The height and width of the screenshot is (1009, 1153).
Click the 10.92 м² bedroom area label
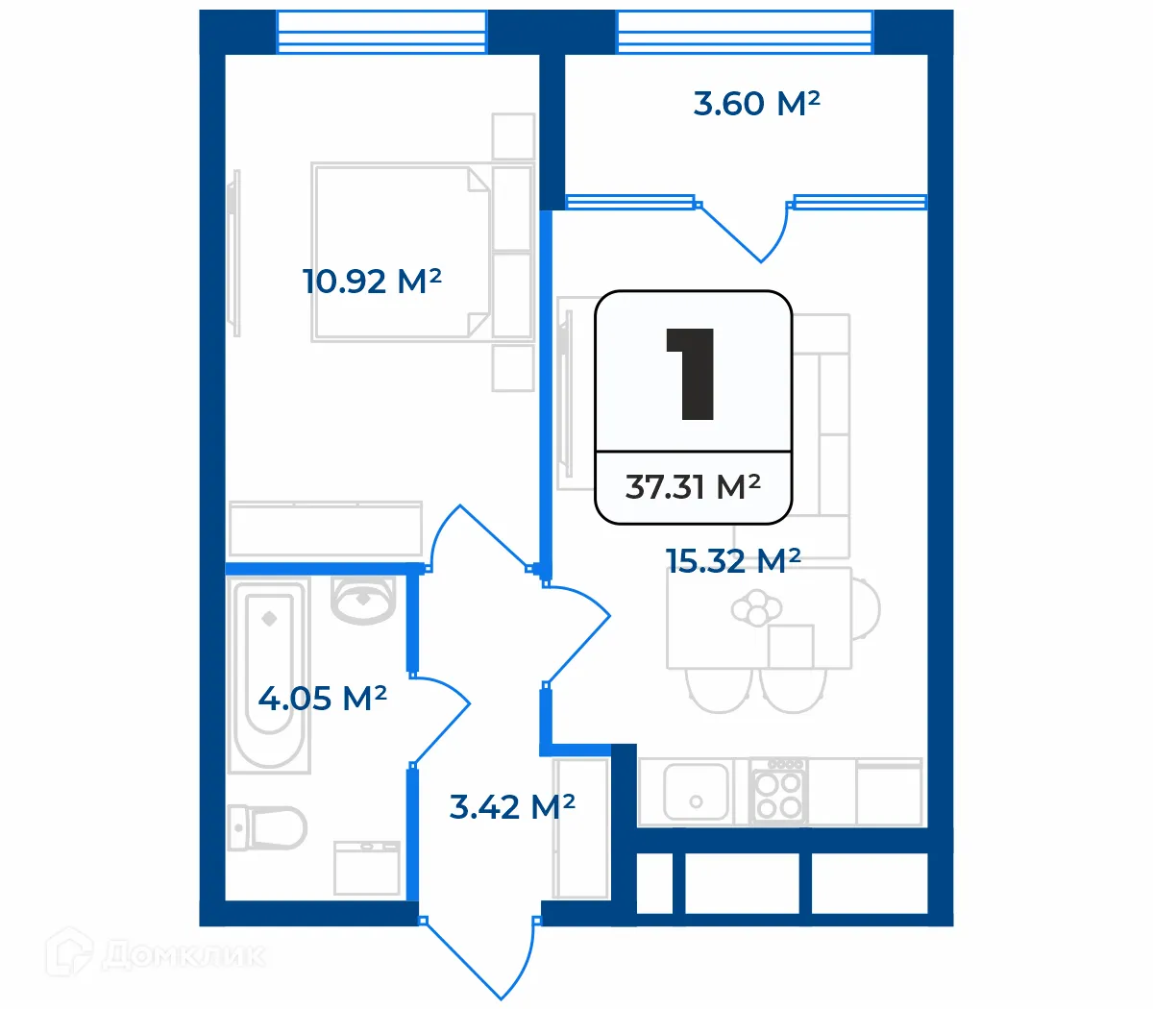point(372,282)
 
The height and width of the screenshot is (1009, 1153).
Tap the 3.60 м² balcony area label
point(756,104)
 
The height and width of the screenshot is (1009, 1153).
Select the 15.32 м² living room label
point(733,561)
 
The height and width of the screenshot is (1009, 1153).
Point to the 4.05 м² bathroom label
point(322,698)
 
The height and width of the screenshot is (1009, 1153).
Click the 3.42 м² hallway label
point(512,806)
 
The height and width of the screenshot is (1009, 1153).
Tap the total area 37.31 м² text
point(693,487)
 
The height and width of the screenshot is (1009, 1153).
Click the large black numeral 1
point(692,374)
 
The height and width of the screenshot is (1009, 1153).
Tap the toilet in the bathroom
point(269,827)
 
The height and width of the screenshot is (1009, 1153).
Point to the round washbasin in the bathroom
point(363,600)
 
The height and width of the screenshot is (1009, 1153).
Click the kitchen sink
point(696,791)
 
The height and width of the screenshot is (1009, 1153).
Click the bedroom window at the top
point(381,32)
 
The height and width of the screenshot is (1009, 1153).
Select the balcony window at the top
point(745,32)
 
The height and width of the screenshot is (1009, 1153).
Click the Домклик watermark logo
point(159,954)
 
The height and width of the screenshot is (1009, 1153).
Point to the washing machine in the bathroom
point(366,868)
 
